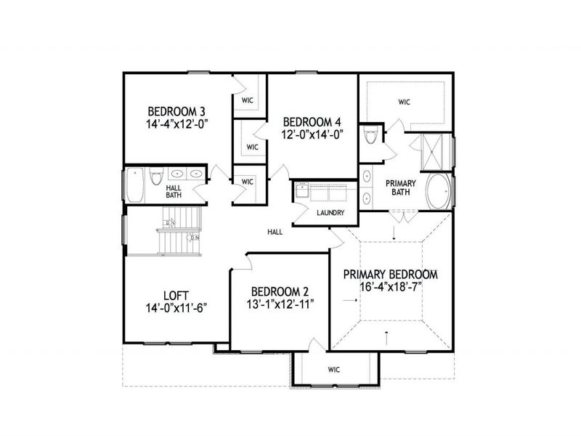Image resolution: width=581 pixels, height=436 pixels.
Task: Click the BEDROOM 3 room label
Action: point(176,112)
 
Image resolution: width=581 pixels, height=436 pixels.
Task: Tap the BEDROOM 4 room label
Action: point(312,121)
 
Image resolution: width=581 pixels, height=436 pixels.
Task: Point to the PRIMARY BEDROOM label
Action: point(390,275)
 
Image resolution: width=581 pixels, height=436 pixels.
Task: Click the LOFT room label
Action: point(176,295)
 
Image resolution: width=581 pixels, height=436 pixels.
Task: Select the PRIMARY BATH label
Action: point(399,187)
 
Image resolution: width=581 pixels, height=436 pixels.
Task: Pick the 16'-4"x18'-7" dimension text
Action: point(390,287)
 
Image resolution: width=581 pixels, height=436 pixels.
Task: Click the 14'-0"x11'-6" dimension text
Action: point(176,307)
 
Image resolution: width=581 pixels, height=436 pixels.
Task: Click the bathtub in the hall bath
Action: point(135,185)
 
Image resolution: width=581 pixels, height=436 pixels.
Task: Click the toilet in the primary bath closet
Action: point(371,136)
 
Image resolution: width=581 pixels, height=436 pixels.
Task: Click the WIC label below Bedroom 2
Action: point(333,370)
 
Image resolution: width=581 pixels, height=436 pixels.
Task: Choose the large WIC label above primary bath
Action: point(404,102)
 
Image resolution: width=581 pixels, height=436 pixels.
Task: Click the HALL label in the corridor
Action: point(275,232)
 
